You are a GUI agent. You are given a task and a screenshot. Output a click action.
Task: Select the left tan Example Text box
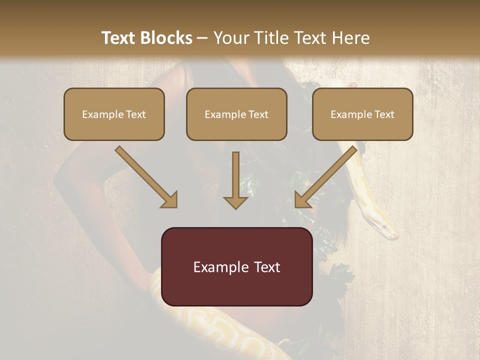pyautogui.click(x=114, y=114)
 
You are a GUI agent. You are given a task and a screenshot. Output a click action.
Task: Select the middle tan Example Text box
pyautogui.click(x=236, y=114)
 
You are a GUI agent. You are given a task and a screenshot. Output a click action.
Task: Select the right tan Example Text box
pyautogui.click(x=362, y=114)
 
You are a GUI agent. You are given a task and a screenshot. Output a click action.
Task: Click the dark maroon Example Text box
pyautogui.click(x=236, y=266)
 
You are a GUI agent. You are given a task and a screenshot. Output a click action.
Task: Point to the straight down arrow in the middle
pyautogui.click(x=235, y=180)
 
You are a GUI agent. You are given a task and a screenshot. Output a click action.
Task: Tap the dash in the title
pyautogui.click(x=202, y=38)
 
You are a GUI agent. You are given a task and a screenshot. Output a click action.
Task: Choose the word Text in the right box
pyautogui.click(x=384, y=114)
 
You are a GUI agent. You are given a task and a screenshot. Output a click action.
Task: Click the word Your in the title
pyautogui.click(x=229, y=38)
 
